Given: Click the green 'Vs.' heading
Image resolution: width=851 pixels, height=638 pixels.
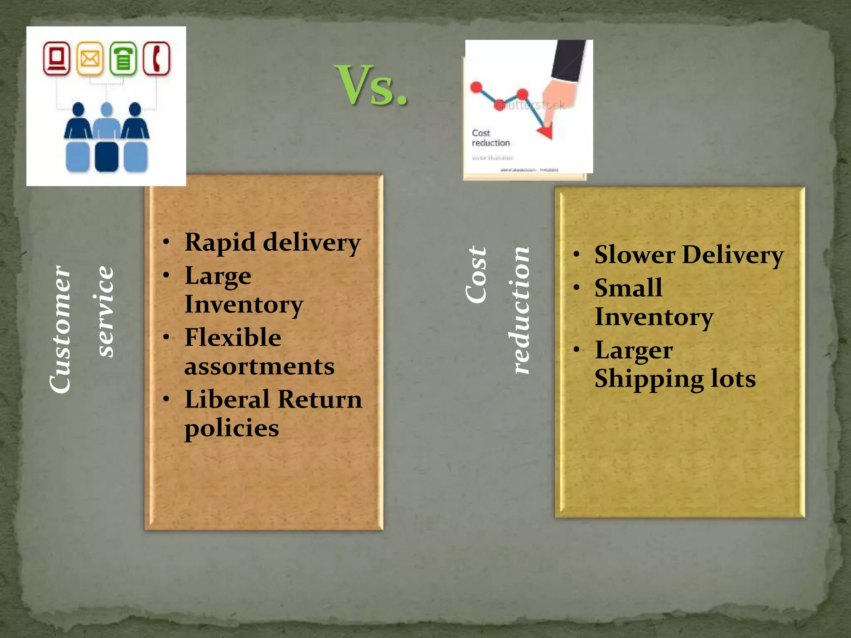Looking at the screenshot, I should point(371,86).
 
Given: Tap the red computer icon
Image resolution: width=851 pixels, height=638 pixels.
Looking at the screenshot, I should point(57,59).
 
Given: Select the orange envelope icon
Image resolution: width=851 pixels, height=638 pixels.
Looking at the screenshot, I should point(90,59).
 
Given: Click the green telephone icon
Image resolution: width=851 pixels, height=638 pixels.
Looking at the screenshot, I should point(123,59).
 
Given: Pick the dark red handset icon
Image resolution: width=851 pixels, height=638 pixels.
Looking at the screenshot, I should point(157,59).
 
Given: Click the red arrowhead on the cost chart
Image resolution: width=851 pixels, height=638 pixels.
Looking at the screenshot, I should point(546,132).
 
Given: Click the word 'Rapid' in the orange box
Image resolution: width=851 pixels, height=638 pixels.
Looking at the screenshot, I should point(220,242).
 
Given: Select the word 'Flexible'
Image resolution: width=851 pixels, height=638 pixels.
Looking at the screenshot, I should point(233,337).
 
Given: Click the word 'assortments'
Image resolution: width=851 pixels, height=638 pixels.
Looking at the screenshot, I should point(259,366).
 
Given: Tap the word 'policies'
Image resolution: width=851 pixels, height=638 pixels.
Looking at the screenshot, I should point(231,429).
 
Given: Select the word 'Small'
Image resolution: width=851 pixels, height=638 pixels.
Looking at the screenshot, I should point(628,288).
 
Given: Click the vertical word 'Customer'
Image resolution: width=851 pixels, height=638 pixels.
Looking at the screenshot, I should point(60,329).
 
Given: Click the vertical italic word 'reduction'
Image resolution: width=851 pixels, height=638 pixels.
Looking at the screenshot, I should point(519,310).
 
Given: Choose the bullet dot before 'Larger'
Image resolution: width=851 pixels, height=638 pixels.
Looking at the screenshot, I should point(576,350).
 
